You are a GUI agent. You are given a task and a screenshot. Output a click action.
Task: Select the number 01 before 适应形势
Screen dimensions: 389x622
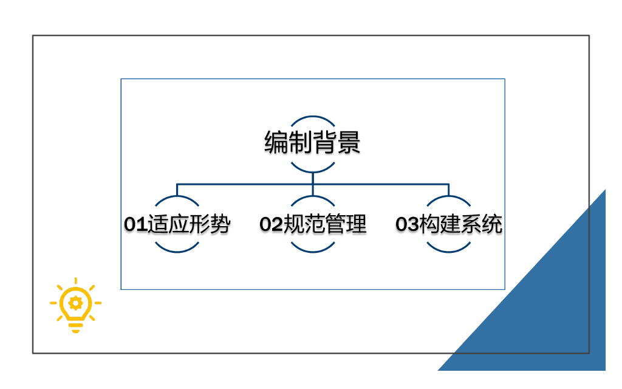tap(135, 225)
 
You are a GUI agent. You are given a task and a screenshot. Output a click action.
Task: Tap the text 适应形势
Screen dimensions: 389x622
tap(189, 225)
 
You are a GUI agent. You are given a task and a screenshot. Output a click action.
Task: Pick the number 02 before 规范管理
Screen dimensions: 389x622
tap(272, 225)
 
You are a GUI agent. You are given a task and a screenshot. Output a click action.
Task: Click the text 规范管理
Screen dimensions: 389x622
tap(325, 225)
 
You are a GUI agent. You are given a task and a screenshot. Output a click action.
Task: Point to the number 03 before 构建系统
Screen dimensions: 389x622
tap(407, 225)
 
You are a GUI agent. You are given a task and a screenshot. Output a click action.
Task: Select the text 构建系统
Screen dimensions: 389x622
tap(460, 225)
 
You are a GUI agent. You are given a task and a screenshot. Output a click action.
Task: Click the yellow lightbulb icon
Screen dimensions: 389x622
tap(75, 305)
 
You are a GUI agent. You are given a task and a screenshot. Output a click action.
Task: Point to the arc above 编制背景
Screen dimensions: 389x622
tap(312, 117)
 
